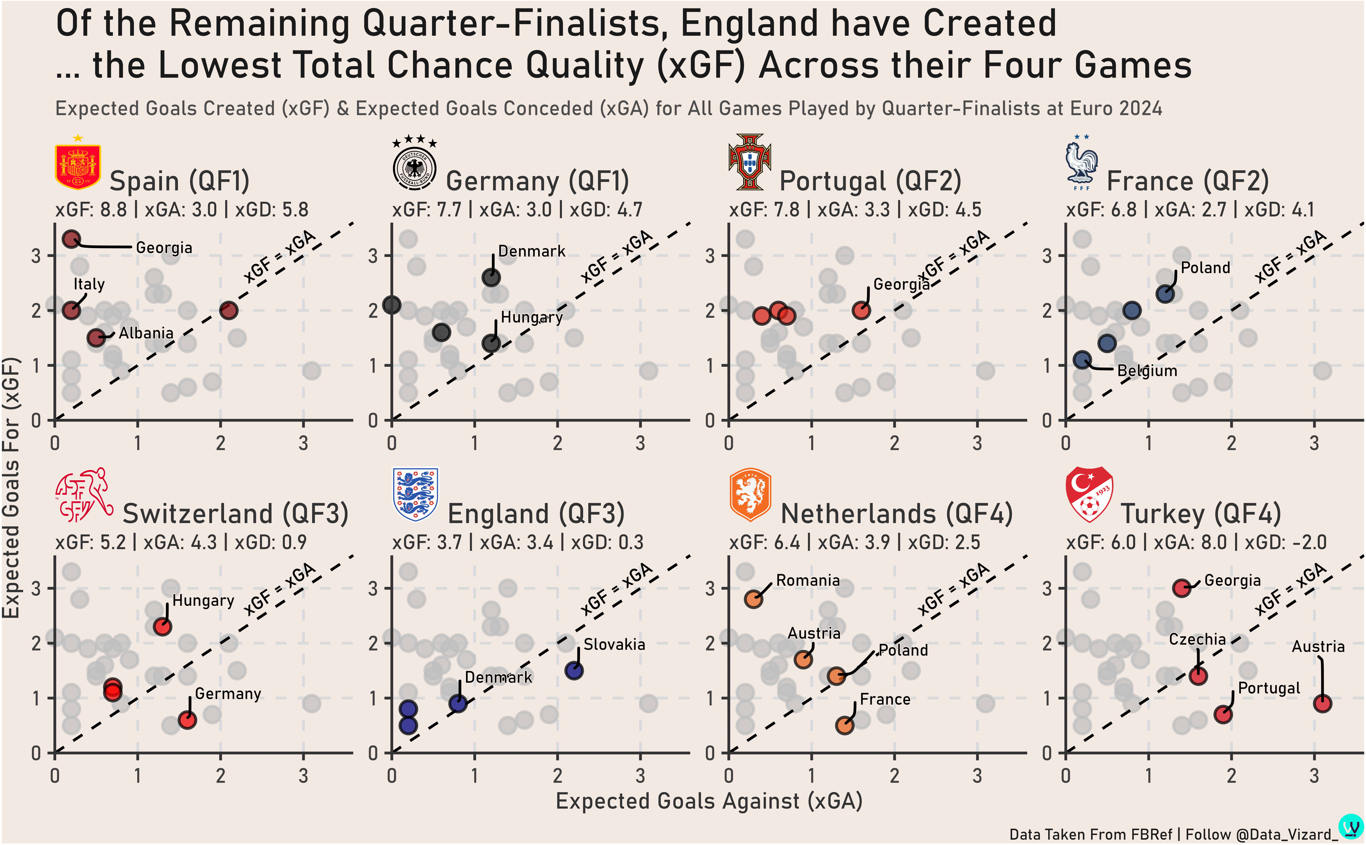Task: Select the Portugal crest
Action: [750, 162]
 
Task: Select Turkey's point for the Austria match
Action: [1322, 703]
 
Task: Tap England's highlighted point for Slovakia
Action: [574, 670]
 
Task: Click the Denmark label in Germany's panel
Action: [531, 252]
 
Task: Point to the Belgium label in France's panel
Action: [1147, 371]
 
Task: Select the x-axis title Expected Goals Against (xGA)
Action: [709, 801]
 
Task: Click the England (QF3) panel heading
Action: [536, 514]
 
